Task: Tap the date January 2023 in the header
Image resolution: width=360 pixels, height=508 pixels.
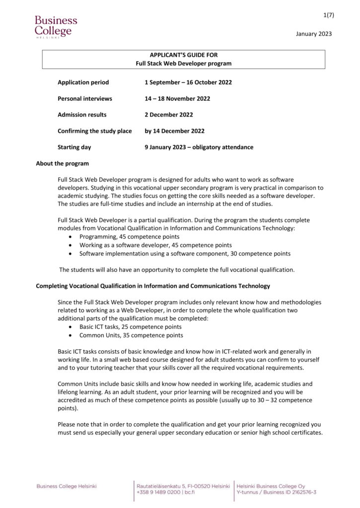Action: (x=313, y=34)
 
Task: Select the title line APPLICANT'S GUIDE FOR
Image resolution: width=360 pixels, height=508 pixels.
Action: (x=184, y=55)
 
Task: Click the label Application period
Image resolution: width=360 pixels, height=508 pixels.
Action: (x=83, y=82)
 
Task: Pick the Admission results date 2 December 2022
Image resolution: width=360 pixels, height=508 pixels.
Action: (x=169, y=115)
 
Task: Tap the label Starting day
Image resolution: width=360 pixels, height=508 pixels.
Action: (x=74, y=147)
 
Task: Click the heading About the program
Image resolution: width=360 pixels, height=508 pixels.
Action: (x=63, y=164)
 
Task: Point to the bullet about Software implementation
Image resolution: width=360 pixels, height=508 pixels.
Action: (x=185, y=254)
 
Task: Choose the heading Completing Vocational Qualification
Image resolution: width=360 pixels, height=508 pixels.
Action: (x=153, y=286)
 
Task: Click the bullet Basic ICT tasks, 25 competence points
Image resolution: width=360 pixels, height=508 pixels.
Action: (x=131, y=327)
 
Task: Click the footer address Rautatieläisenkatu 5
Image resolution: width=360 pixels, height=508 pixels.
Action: (x=182, y=486)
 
